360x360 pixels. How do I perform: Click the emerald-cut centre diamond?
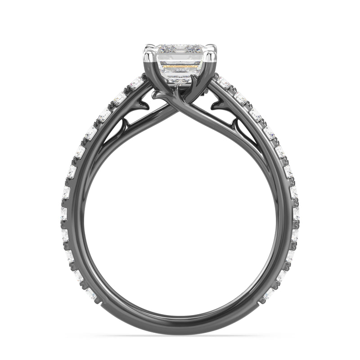180,63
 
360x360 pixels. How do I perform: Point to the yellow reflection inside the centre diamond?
180,66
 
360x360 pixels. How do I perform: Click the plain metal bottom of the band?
180,328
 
